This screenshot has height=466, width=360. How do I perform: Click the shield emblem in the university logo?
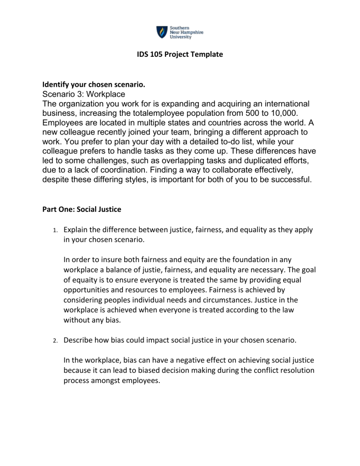[x=161, y=31]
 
